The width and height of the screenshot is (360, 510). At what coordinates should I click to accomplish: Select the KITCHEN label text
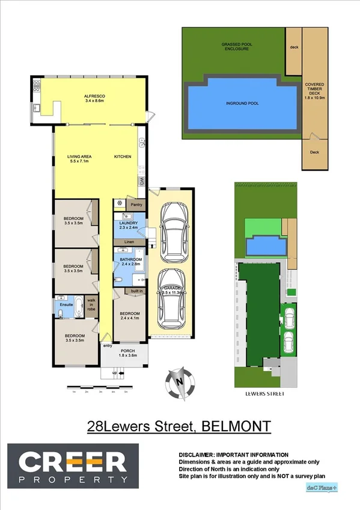point(123,157)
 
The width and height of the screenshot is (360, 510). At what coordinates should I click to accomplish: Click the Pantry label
point(136,204)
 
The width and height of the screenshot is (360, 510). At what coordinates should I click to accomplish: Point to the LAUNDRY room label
point(128,223)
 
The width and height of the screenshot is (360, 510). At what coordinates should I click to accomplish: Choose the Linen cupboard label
point(128,242)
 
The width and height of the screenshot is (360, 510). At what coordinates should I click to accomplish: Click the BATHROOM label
point(130,259)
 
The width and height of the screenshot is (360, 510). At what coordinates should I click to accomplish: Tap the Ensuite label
point(66,305)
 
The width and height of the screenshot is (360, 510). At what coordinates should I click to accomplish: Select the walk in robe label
point(92,303)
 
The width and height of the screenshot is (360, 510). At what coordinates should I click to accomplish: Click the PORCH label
point(127,351)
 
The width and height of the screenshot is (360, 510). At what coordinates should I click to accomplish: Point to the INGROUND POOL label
point(242,103)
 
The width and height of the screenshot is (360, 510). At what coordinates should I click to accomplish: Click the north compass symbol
point(179,381)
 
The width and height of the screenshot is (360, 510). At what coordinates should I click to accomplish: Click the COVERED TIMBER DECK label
point(315,90)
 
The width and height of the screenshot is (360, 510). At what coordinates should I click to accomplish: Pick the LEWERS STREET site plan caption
point(265,393)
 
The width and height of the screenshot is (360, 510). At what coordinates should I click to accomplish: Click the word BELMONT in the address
point(236,426)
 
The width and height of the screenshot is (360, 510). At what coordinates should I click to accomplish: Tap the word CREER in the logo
point(72,461)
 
